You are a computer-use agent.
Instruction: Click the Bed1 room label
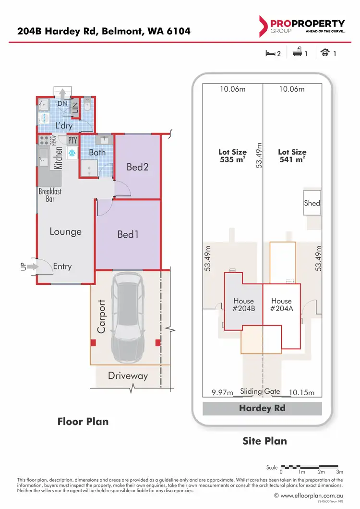click(x=128, y=235)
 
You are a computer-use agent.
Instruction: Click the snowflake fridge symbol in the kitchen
click(x=72, y=153)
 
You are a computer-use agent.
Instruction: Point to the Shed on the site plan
click(x=312, y=203)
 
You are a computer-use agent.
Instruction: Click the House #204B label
click(x=243, y=305)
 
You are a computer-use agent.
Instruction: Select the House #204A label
click(x=281, y=305)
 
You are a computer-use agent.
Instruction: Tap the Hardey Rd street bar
click(x=262, y=409)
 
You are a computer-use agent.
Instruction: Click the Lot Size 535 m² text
click(x=232, y=156)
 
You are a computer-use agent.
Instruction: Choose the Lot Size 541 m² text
click(x=292, y=156)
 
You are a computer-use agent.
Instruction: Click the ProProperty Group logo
click(x=301, y=26)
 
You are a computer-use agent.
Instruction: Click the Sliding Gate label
click(x=260, y=391)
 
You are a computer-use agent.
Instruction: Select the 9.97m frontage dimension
click(x=222, y=393)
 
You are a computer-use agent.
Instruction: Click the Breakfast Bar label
click(x=50, y=195)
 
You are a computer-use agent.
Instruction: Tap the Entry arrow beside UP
click(x=33, y=266)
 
